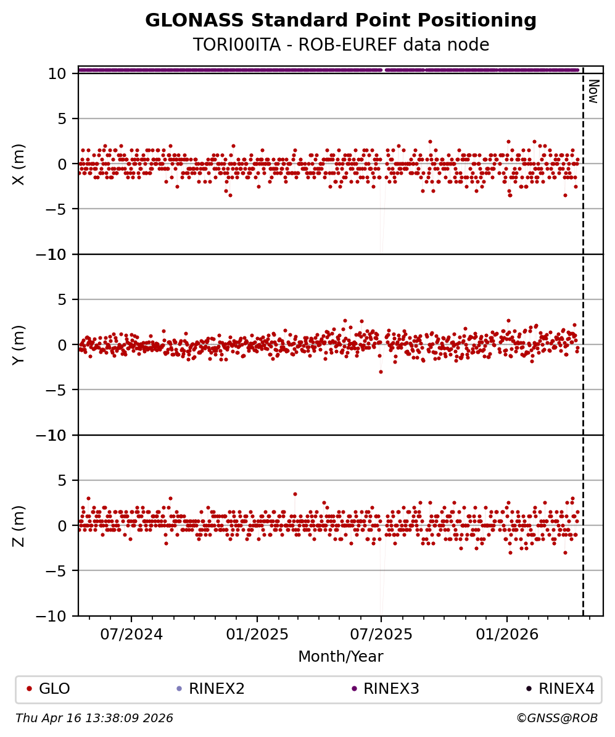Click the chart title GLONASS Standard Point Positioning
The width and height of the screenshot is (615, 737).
coord(341,21)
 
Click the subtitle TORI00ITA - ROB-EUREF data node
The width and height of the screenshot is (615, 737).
coord(341,45)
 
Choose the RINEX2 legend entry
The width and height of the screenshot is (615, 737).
coord(212,689)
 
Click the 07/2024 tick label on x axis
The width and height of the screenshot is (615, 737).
coord(131,634)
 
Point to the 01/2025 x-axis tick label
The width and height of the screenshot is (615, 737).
coord(257,634)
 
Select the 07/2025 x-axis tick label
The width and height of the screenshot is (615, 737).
coord(381,634)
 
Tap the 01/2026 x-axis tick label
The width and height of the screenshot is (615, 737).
coord(507,634)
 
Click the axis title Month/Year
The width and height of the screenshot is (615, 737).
coord(341,657)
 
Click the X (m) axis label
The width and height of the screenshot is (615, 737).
coord(19,164)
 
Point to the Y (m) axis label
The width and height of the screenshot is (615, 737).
coord(19,345)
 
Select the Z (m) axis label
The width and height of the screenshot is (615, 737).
coord(19,526)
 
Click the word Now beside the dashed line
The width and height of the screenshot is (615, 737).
coord(593,91)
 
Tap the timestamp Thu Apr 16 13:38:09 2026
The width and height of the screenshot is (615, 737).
coord(94,718)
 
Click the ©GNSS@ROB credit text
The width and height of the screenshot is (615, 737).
coord(557,718)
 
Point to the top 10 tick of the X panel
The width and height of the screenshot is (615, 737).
coord(59,73)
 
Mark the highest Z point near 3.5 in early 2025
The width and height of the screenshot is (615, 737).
coord(295,494)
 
